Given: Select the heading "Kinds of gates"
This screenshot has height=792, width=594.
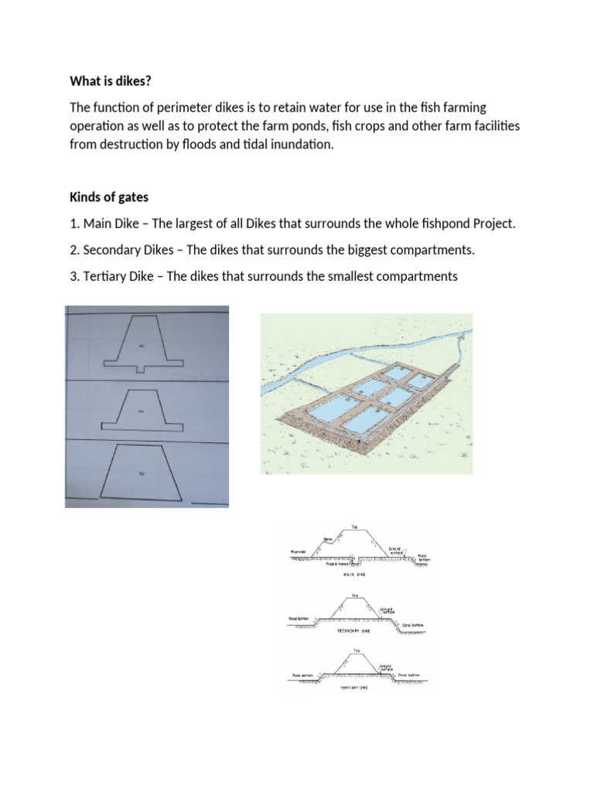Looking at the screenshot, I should click(109, 198).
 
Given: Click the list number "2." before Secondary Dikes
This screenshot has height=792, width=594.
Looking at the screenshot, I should click(75, 250).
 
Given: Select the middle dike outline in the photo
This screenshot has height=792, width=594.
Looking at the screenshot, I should click(143, 410).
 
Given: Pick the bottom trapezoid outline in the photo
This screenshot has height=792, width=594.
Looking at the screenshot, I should click(143, 472).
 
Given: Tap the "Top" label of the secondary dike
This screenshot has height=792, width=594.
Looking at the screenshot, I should click(355, 596).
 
